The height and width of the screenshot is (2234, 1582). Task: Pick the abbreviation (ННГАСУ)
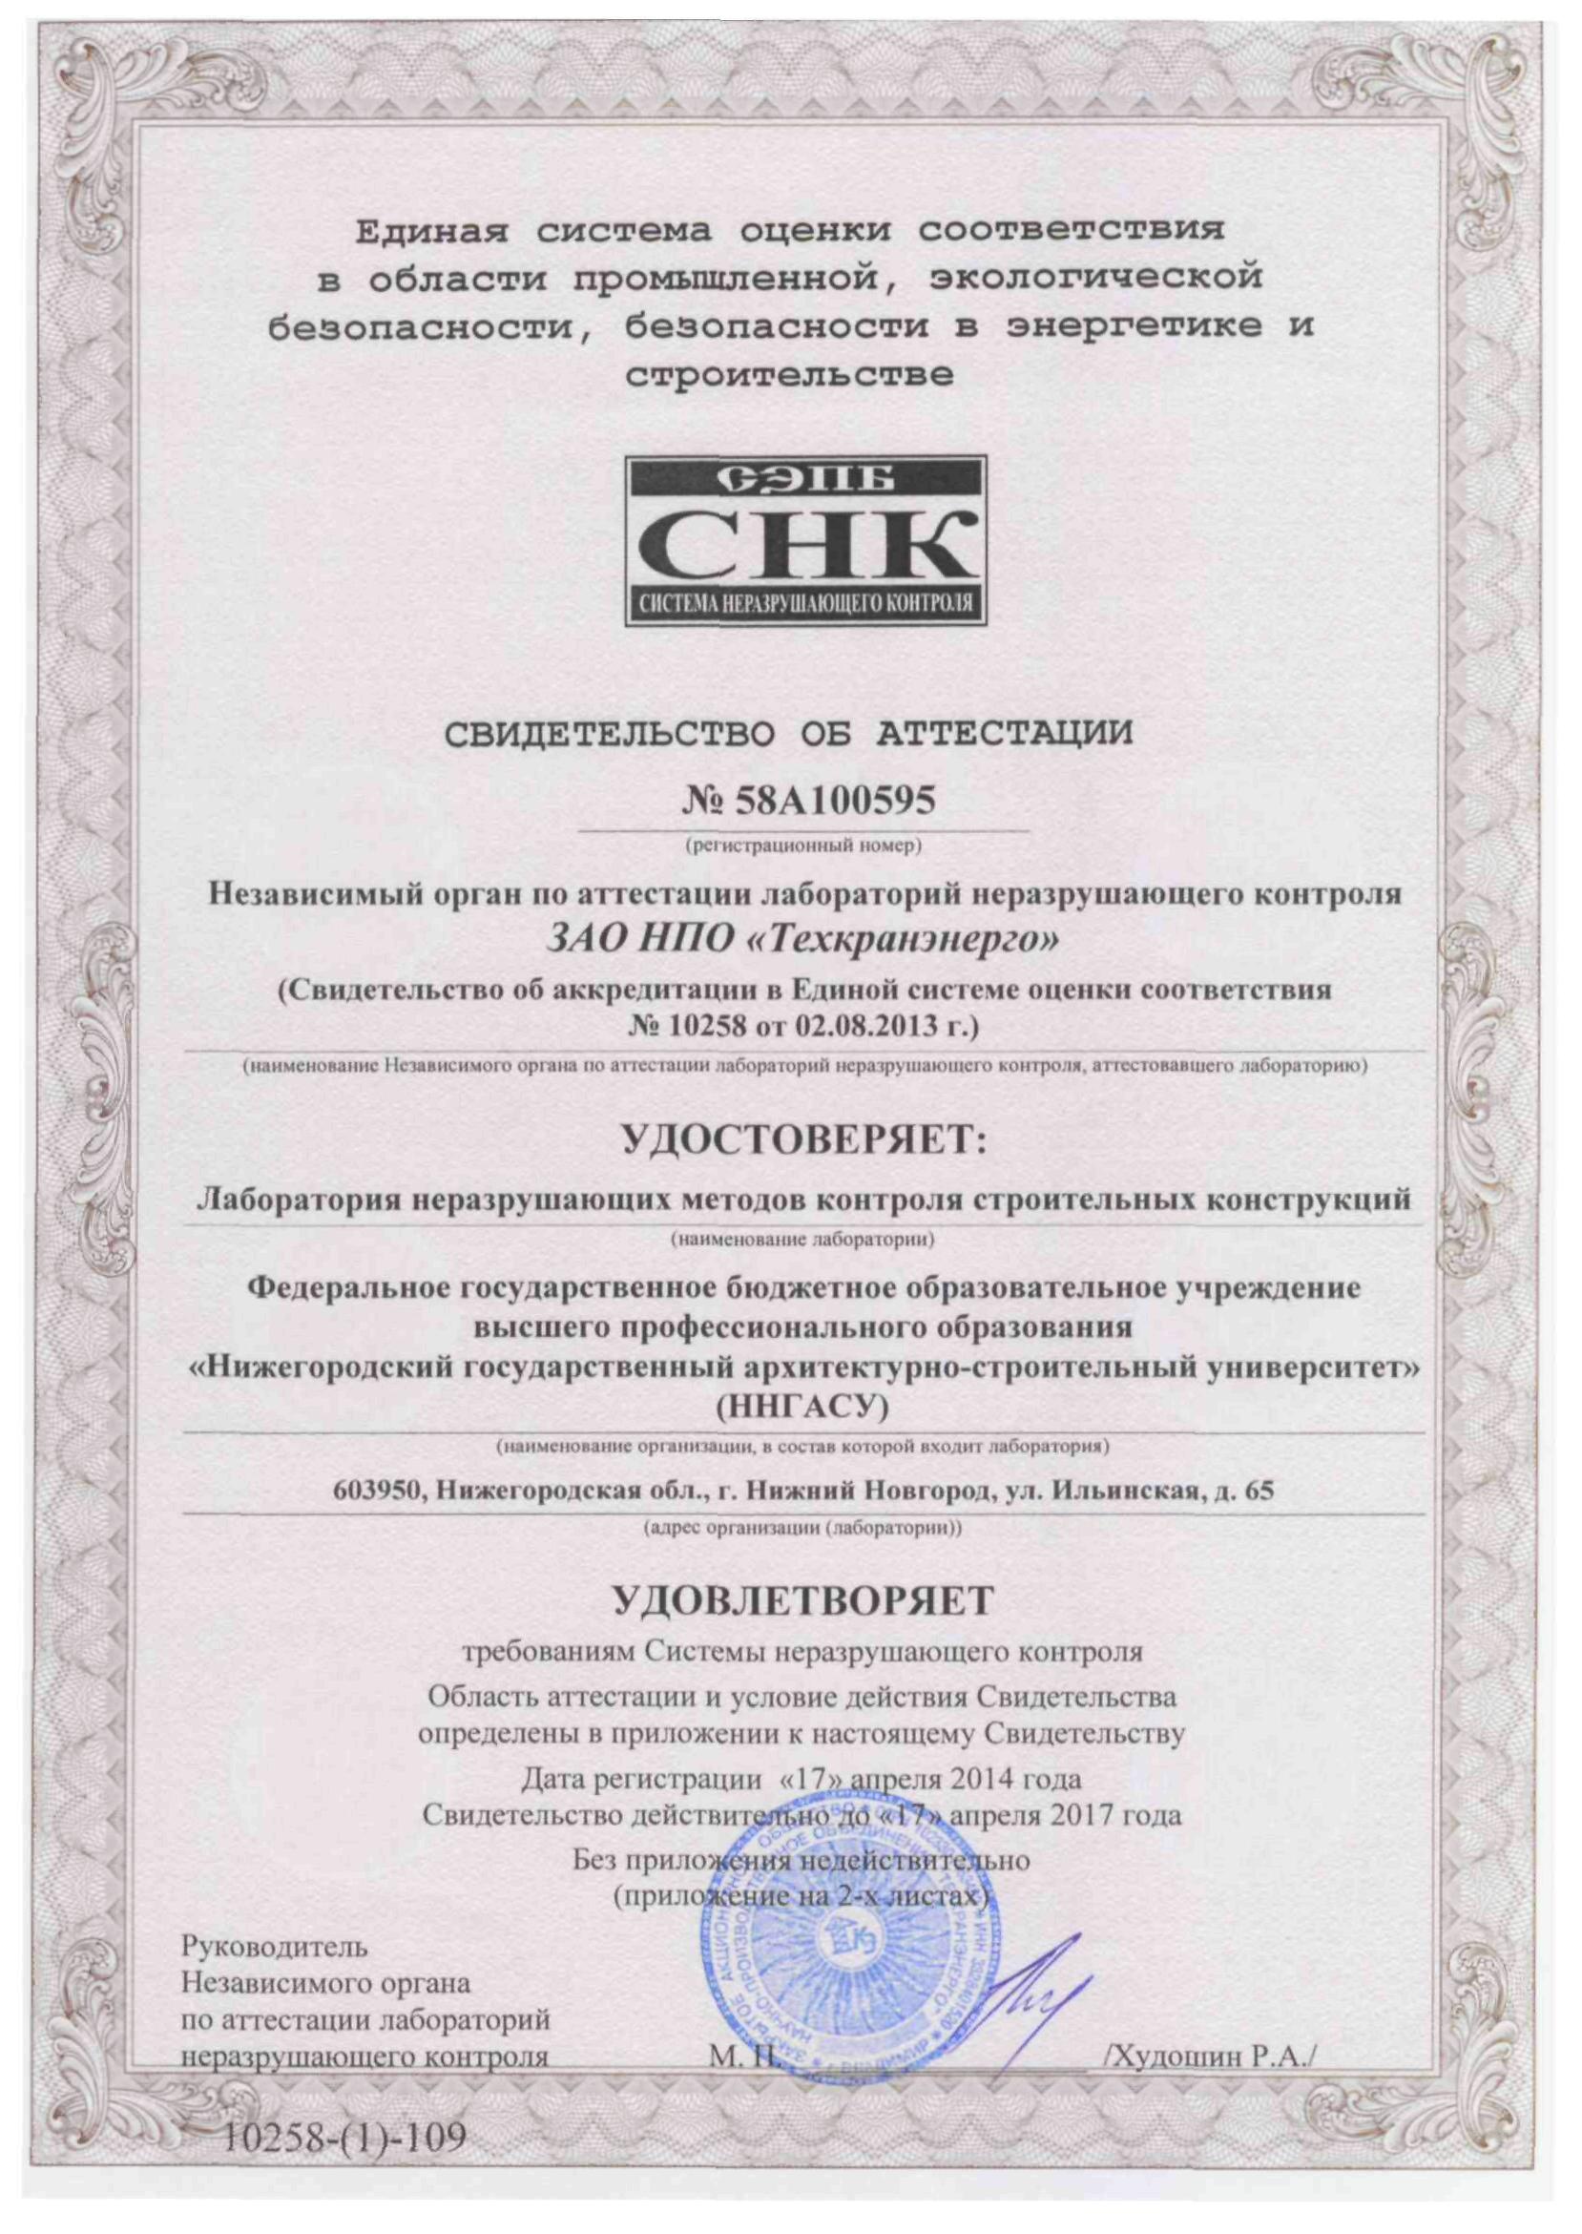pos(802,1407)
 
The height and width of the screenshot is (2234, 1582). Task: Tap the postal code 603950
pos(375,1491)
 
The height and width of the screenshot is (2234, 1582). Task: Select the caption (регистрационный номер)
pos(803,846)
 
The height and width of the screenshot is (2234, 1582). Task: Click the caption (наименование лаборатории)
pos(803,1240)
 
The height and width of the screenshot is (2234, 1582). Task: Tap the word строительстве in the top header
pos(789,375)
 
